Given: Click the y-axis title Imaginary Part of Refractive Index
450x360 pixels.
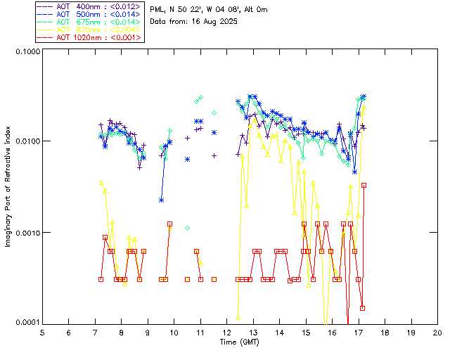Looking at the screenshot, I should coord(8,186).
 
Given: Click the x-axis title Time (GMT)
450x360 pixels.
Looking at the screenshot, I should coord(238,342).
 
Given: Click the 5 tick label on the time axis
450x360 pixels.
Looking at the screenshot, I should coord(42,332).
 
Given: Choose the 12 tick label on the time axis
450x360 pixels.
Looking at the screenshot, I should coord(226,332).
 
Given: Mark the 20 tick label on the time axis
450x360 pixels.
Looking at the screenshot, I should coord(437,332).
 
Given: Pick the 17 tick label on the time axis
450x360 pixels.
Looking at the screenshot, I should coord(359,332).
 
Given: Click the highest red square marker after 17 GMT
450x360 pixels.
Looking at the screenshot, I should coord(364,185).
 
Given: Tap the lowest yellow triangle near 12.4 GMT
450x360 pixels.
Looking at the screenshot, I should coord(238,317).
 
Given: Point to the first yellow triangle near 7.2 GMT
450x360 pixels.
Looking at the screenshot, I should coord(101,183).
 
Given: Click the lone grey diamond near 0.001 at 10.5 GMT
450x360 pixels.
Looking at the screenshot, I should coord(188,228).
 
